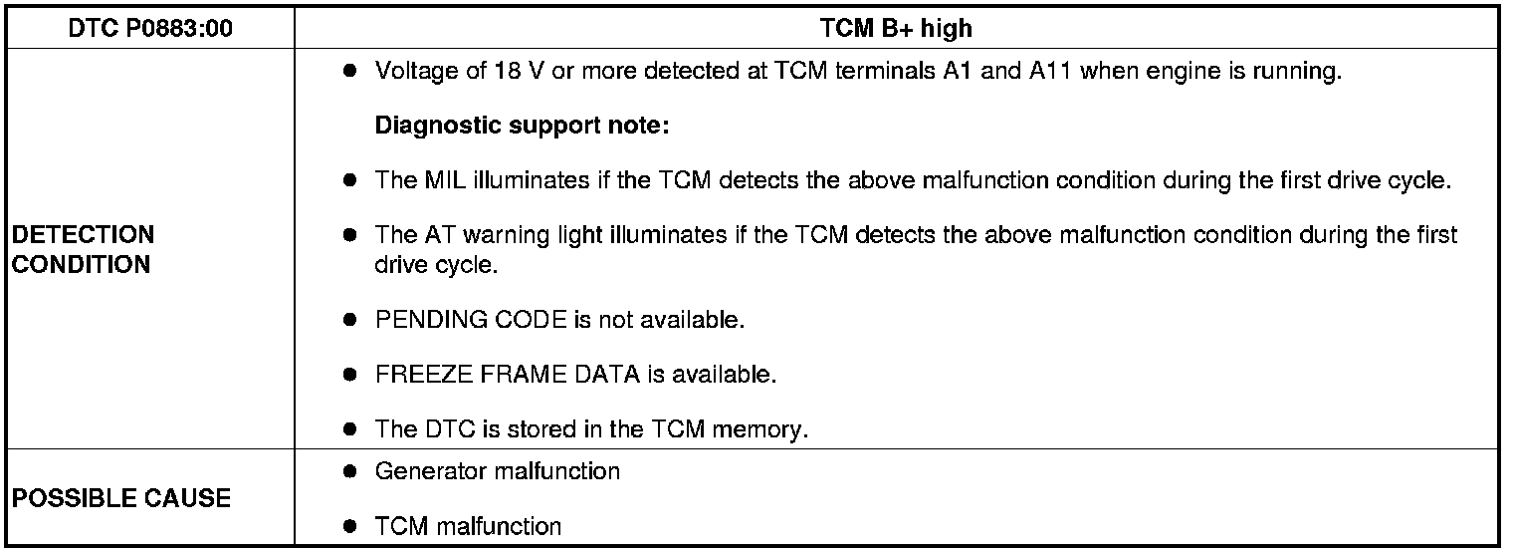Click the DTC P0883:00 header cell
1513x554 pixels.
coord(150,29)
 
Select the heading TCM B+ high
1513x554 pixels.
coord(896,29)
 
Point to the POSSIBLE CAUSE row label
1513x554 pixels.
coord(120,498)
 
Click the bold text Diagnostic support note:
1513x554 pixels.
coord(523,127)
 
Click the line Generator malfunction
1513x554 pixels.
coord(497,471)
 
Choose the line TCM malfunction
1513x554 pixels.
coord(468,526)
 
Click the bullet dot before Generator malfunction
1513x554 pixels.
coord(349,471)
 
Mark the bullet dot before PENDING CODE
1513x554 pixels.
coord(349,321)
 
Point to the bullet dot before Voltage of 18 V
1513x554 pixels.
coord(349,73)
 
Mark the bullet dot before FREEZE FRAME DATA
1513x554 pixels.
coord(349,375)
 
